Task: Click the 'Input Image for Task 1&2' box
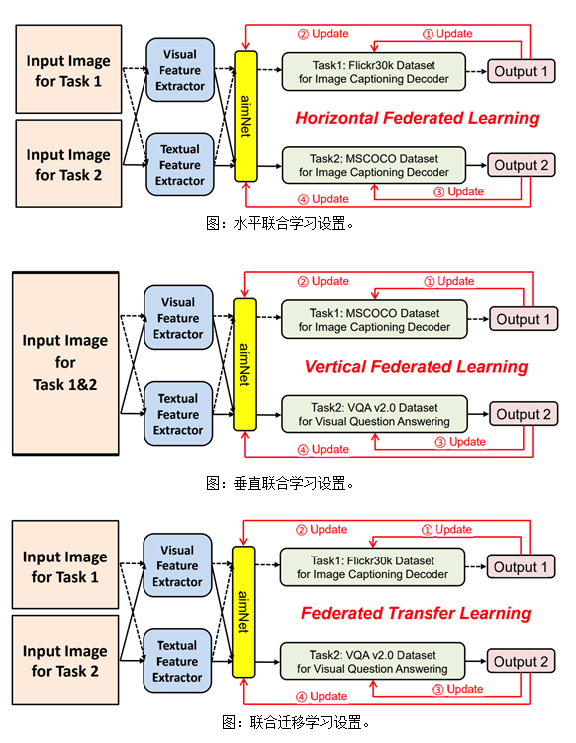pos(66,363)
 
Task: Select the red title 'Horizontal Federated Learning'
pos(417,118)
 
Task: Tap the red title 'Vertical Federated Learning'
pos(417,367)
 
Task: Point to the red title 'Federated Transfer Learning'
pos(416,613)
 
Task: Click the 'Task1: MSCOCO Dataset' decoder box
pos(374,320)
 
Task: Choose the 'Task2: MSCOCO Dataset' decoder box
pos(374,165)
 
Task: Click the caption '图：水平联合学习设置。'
pos(280,223)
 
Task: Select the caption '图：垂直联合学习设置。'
pos(280,484)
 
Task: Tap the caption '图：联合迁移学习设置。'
pos(295,723)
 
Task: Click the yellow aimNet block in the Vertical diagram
pos(245,364)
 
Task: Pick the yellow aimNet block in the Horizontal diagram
pos(246,116)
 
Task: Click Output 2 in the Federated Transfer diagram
pos(520,661)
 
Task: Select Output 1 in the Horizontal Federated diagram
pos(521,71)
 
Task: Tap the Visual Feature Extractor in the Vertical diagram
pos(178,318)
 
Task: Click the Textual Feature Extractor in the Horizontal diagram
pos(180,165)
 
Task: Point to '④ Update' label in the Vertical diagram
pos(323,449)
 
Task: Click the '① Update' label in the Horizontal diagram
pos(447,34)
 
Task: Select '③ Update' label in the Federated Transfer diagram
pos(458,689)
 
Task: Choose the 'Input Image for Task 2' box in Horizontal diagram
pos(69,164)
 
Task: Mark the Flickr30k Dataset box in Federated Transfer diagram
pos(373,567)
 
